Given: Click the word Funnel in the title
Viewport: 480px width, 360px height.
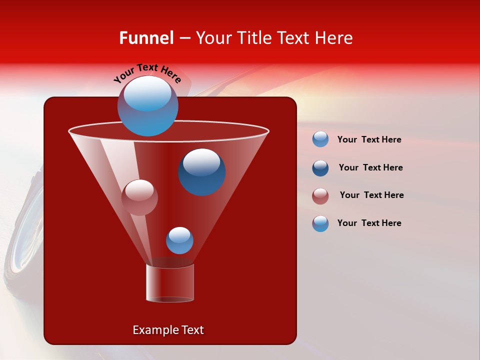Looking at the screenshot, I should pyautogui.click(x=146, y=38).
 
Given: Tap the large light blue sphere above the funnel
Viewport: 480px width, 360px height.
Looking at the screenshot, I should pyautogui.click(x=147, y=106).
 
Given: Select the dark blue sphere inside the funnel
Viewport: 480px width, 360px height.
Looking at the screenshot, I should pyautogui.click(x=201, y=172).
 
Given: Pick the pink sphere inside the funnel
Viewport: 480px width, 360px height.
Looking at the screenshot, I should pyautogui.click(x=139, y=197).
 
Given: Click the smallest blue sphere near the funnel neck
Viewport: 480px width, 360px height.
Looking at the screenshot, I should pyautogui.click(x=179, y=240).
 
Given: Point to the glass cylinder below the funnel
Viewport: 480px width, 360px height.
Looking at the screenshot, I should pyautogui.click(x=170, y=283).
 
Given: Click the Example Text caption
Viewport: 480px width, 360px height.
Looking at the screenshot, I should pyautogui.click(x=168, y=330).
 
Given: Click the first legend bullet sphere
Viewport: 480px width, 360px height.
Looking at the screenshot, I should pyautogui.click(x=320, y=139).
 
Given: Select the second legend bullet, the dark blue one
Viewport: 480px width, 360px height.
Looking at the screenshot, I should pyautogui.click(x=320, y=168).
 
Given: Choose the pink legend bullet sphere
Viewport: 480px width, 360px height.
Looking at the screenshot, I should pyautogui.click(x=320, y=196).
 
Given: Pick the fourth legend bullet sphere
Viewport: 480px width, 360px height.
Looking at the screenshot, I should pyautogui.click(x=320, y=223).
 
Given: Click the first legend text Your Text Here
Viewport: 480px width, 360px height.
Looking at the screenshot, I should pyautogui.click(x=369, y=139).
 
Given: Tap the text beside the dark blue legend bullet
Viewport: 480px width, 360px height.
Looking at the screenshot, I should pyautogui.click(x=370, y=167).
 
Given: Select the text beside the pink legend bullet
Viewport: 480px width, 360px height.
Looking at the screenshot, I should pyautogui.click(x=371, y=195).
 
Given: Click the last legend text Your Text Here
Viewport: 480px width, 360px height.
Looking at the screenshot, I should pyautogui.click(x=369, y=223).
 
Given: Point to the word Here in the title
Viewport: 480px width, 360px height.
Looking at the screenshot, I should pyautogui.click(x=335, y=38).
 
